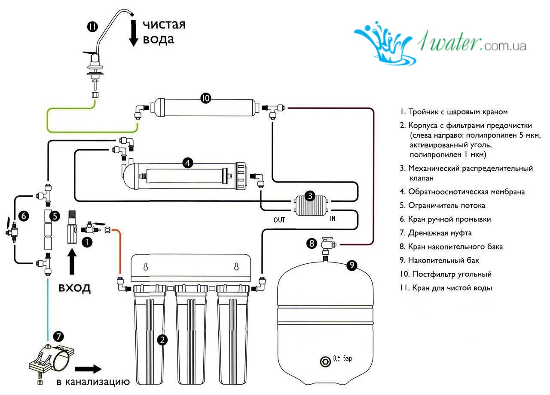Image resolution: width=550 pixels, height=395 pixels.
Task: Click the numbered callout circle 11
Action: pos(92,27)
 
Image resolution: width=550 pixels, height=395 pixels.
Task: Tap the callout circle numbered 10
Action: pos(205,99)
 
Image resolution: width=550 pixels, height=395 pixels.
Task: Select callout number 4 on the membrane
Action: pos(187,163)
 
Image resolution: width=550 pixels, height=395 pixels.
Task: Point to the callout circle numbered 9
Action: pos(352,265)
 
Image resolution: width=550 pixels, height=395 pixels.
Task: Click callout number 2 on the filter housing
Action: pos(162,339)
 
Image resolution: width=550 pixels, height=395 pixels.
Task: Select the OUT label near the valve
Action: pos(279,220)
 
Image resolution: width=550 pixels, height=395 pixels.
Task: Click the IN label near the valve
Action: pos(333,219)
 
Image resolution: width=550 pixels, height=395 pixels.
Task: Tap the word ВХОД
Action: pos(75,288)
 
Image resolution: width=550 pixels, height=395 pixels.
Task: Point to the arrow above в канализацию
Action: pos(88,369)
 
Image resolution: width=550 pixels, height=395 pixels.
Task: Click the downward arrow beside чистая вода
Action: pos(134,32)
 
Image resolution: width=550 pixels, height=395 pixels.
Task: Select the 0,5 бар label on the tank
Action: pos(342,358)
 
